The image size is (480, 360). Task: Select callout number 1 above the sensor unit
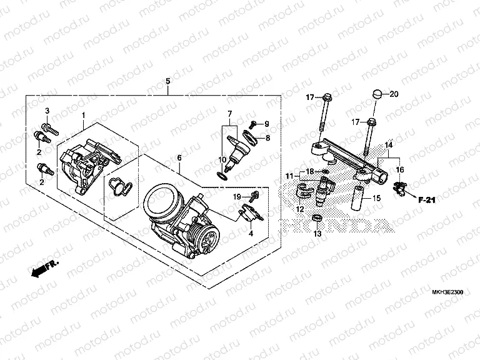(x=84, y=116)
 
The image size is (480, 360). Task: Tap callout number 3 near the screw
(x=46, y=111)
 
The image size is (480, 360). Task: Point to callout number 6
(x=179, y=159)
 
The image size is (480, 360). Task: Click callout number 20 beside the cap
(x=393, y=94)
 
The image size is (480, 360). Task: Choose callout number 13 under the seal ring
(x=317, y=234)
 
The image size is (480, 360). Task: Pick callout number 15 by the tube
(x=376, y=198)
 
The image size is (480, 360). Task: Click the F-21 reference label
(x=426, y=199)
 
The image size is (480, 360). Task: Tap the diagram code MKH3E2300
(x=445, y=291)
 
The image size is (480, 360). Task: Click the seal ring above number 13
(x=317, y=218)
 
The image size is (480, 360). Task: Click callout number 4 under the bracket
(x=251, y=234)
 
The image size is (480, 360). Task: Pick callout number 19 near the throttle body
(x=237, y=197)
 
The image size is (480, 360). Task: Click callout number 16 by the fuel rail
(x=400, y=169)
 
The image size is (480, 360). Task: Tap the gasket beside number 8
(x=249, y=137)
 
